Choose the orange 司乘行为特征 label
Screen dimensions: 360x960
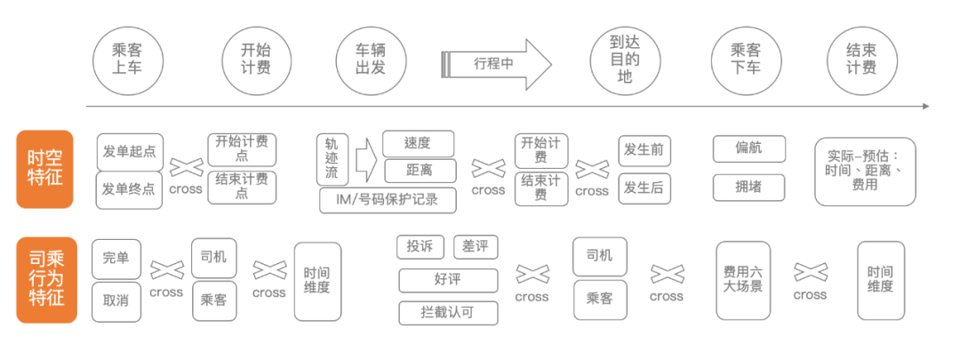43,277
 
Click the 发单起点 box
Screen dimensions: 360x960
130,151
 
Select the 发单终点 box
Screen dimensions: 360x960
130,189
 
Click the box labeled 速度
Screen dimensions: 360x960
418,143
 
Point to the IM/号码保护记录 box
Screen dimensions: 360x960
388,200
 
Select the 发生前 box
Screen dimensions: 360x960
644,149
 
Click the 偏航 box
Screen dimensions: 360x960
748,148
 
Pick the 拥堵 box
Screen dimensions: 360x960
748,188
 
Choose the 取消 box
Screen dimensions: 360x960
116,300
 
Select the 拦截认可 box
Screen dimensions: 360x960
447,313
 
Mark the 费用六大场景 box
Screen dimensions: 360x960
742,279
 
